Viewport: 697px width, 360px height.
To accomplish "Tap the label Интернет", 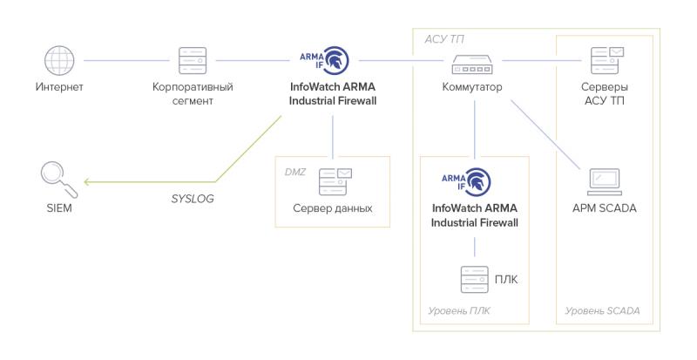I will click(59, 87).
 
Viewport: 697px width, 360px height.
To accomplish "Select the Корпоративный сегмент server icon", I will click(192, 60).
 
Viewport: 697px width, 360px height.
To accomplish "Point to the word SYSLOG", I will click(193, 199).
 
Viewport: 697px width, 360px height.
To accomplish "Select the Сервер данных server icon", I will click(334, 182).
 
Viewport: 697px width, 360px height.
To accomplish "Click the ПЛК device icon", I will click(474, 279).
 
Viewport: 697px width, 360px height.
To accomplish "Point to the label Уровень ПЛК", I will click(452, 311).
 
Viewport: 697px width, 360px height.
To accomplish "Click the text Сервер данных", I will click(333, 210).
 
